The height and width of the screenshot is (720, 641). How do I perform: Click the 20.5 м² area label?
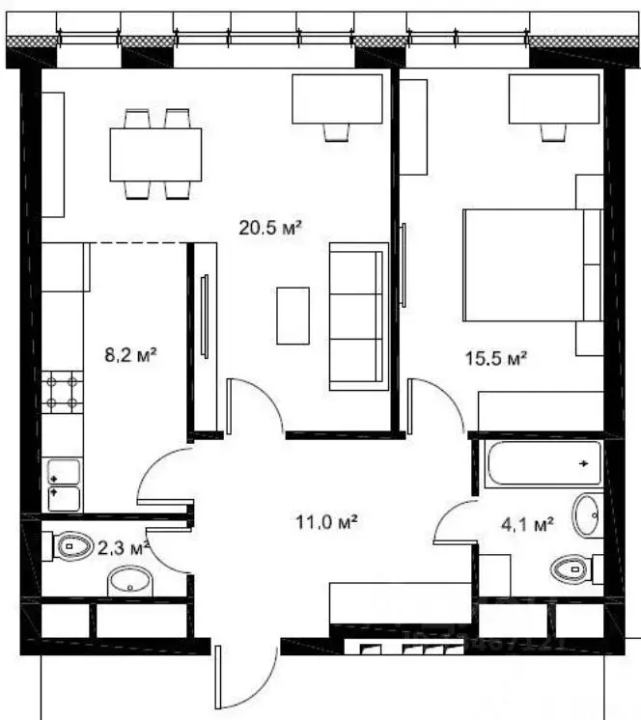[x=270, y=228]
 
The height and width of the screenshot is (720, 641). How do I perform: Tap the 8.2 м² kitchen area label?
[x=130, y=354]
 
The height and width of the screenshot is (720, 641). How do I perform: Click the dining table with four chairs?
[x=155, y=153]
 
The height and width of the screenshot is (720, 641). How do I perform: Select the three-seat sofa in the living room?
[x=358, y=317]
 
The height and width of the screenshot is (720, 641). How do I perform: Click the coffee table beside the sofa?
[x=293, y=315]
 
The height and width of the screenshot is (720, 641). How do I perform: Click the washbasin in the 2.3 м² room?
[x=125, y=579]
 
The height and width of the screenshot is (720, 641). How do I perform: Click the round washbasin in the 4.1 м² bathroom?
[x=586, y=513]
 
